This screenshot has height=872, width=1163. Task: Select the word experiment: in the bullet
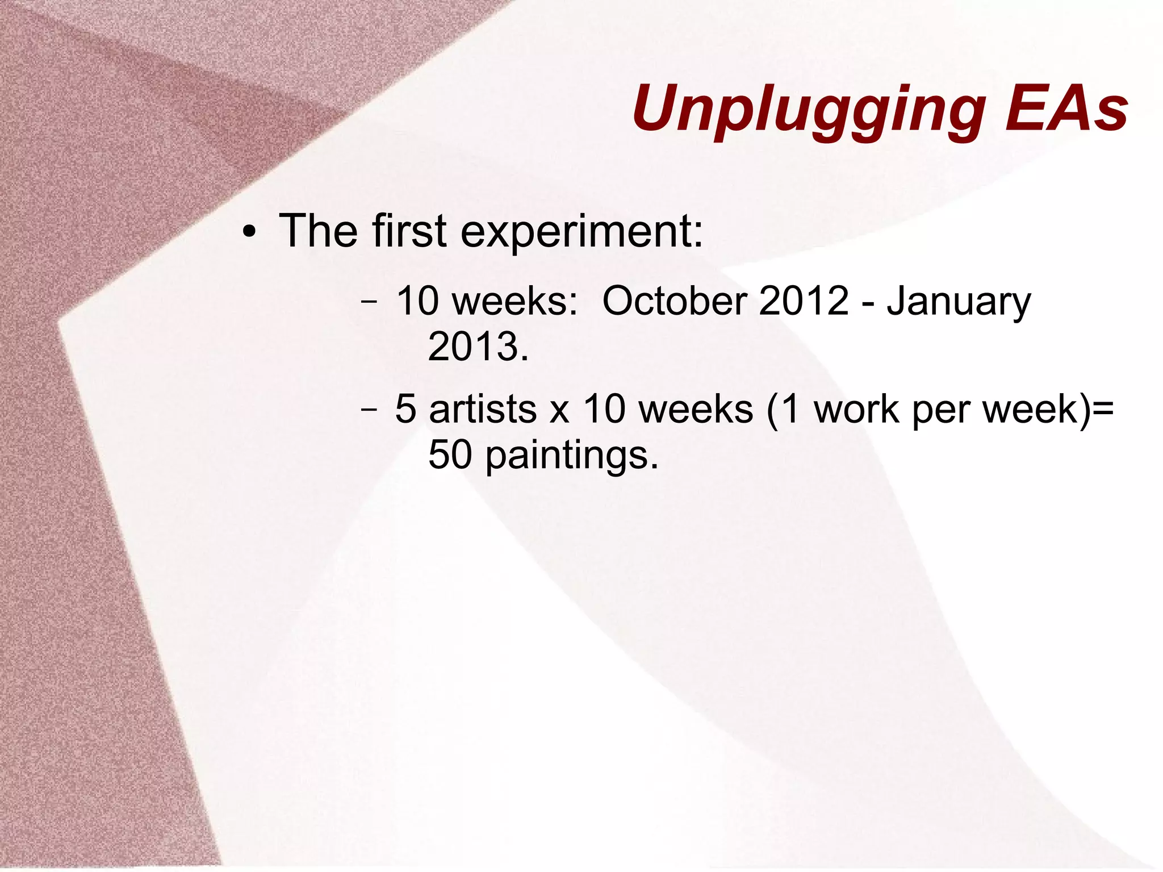[581, 232]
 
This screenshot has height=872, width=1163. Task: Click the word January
[958, 302]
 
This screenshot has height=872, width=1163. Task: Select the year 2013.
[478, 347]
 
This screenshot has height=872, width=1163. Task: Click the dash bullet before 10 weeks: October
[369, 302]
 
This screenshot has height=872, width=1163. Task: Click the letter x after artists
[559, 411]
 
